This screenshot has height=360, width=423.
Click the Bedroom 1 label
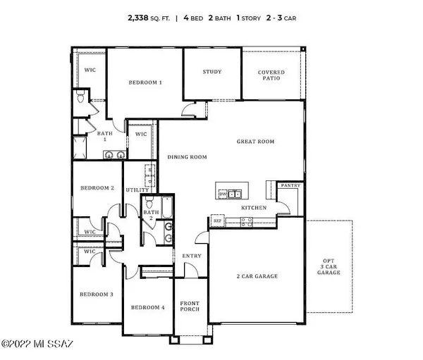[145, 82]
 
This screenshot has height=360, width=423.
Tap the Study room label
[212, 72]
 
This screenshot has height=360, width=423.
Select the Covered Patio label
[271, 75]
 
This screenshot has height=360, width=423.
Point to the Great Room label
[255, 142]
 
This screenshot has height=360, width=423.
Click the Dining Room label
[187, 157]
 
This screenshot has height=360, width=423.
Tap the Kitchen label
[252, 209]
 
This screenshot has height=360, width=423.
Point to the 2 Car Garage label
[257, 276]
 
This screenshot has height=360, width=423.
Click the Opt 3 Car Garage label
[329, 265]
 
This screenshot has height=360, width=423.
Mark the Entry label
[191, 256]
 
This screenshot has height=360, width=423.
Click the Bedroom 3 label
[96, 294]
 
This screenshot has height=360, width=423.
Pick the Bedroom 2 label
[97, 188]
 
